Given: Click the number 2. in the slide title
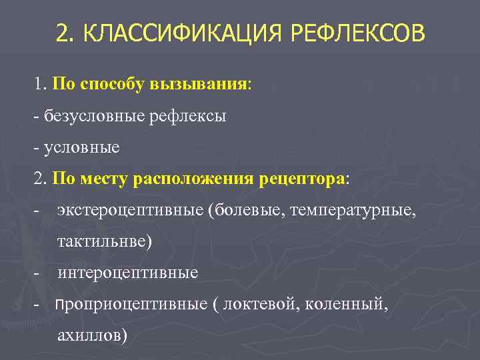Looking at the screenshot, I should [x=67, y=33].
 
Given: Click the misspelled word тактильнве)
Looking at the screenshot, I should [x=105, y=241].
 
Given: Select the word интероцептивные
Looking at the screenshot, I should [x=127, y=273].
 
